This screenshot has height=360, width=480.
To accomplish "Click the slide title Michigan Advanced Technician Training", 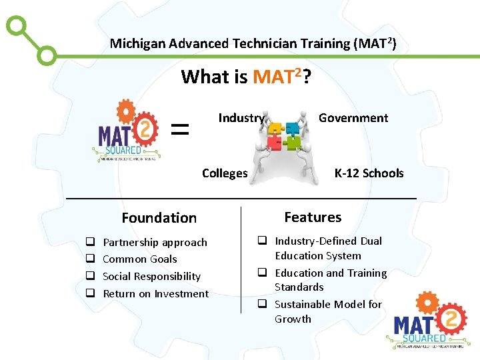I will coord(253,44).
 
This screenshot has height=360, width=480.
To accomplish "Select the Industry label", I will coord(241,118).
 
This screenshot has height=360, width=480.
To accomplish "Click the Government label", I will coord(353,118).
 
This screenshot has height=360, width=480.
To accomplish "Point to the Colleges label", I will coord(225,173).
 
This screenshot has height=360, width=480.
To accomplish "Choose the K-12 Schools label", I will coord(369,173).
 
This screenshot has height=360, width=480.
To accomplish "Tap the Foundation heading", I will coord(159,218).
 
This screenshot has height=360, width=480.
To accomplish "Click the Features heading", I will coord(312,217).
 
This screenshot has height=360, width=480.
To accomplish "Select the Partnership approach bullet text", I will coord(155,243).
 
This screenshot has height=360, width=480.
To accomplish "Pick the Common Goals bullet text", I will coord(140,259).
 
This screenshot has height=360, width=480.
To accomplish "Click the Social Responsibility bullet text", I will coord(151,277).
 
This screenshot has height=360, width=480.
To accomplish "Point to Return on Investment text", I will coord(155,294).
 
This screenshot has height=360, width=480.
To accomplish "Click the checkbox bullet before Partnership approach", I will coord(89,243).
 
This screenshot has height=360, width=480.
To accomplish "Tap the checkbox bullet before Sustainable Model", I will coord(263,305).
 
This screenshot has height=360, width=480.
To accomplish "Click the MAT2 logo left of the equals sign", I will coord(127,131).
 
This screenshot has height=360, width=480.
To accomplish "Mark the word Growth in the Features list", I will coord(293,319).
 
